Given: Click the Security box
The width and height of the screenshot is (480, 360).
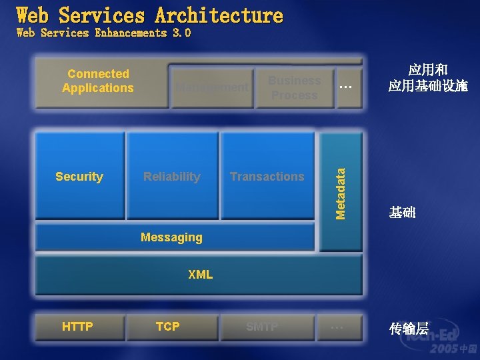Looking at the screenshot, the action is [x=79, y=176].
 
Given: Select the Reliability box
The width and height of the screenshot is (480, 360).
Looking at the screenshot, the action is [x=172, y=176].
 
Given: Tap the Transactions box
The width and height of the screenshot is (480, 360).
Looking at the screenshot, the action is [x=267, y=176].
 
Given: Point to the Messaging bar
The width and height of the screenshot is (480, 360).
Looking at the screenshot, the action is [x=172, y=237].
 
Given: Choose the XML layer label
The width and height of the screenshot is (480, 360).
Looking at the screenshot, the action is [x=200, y=274].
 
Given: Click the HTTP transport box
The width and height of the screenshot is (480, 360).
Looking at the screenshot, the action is [x=78, y=326].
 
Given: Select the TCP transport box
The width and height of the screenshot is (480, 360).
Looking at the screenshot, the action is [x=168, y=326].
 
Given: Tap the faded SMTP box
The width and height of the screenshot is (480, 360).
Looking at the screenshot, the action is [x=262, y=326].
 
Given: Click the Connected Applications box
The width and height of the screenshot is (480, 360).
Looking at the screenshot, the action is [x=99, y=81].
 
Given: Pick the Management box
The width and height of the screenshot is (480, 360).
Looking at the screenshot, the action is [x=212, y=87].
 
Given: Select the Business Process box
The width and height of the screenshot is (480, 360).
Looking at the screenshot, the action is [x=294, y=87].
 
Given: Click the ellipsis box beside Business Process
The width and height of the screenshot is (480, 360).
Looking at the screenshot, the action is [x=346, y=87].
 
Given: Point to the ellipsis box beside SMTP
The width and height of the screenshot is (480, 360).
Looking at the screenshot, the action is [x=337, y=326].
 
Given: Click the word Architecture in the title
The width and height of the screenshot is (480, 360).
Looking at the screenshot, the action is [x=219, y=15].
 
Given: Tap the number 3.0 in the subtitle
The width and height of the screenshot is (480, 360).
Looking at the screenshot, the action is [x=181, y=33].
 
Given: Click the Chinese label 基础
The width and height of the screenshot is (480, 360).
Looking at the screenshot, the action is [x=403, y=213].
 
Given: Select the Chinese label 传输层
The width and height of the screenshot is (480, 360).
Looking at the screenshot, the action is [x=409, y=328].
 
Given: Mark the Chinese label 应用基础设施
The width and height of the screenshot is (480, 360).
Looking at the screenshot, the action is [x=428, y=87].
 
